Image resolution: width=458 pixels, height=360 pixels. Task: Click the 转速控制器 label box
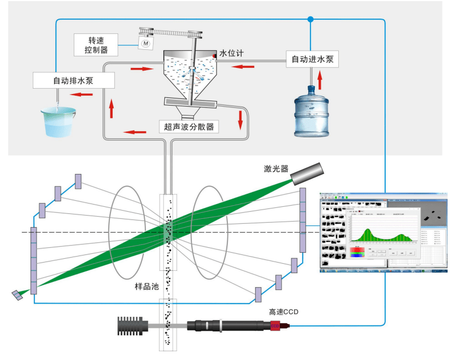(96, 45)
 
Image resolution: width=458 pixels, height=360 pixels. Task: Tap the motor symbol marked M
(145, 43)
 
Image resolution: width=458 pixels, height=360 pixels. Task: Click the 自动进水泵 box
(312, 59)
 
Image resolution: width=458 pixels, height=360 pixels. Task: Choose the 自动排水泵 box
(74, 80)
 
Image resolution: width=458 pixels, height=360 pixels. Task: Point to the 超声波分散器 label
(188, 127)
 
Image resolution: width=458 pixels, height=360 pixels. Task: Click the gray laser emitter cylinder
(306, 174)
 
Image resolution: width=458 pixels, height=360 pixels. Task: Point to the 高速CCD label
(284, 312)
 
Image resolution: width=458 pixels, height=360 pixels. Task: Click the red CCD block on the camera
(275, 327)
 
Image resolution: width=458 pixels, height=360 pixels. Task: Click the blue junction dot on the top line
(310, 20)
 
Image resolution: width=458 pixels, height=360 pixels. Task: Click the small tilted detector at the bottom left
(18, 295)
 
